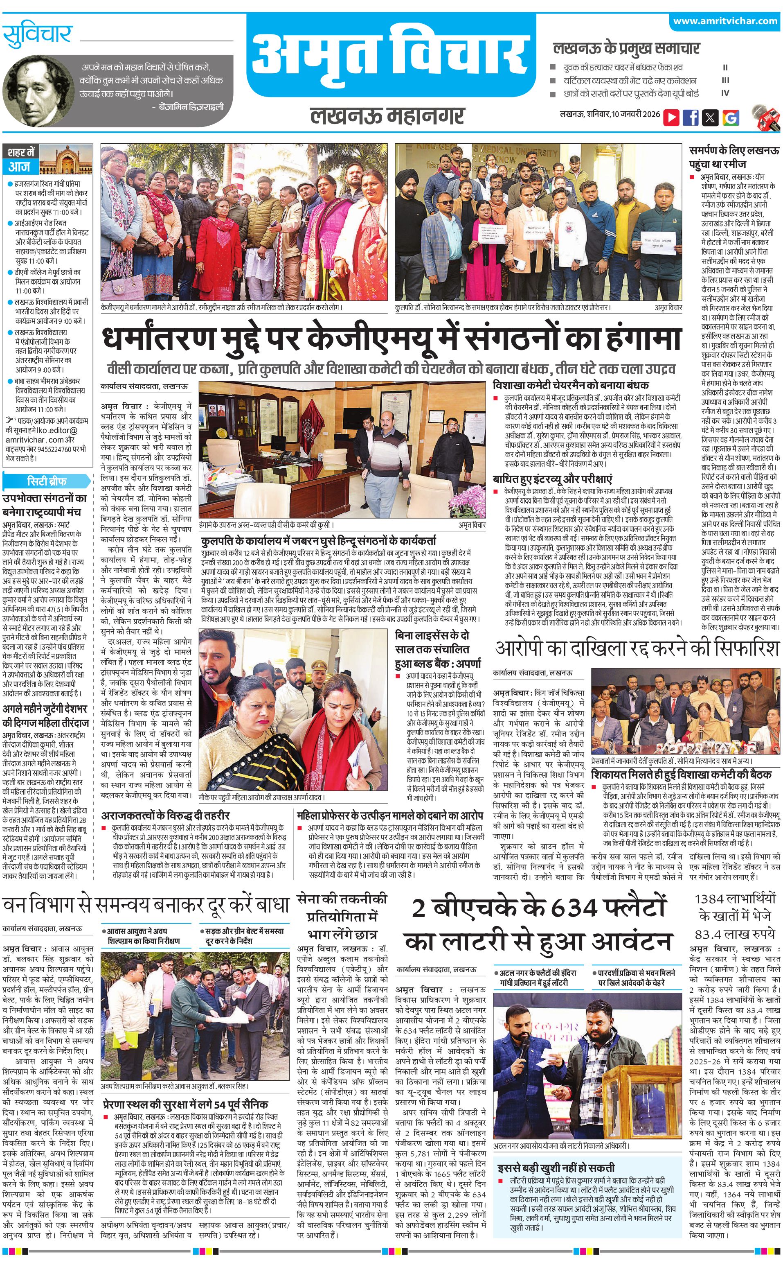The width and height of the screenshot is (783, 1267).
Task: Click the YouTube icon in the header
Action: pos(671,117)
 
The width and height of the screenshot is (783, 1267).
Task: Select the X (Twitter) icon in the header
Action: pos(710,117)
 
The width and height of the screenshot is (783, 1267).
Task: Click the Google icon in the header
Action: pos(730,117)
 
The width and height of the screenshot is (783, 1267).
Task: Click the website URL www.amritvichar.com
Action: pos(725,21)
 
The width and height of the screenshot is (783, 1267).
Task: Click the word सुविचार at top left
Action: pos(37,35)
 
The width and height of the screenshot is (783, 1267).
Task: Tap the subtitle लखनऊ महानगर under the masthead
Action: pos(387,115)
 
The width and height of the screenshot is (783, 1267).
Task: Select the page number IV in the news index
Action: pos(725,93)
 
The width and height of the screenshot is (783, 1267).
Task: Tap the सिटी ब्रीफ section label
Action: pos(47,480)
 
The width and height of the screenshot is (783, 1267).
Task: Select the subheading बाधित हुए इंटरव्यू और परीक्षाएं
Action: pos(553,479)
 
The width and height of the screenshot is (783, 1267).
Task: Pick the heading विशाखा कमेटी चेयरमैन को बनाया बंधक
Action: pos(571,386)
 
